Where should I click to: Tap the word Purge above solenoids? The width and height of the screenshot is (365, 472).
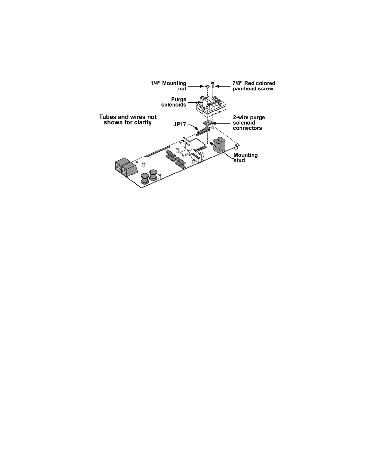pyautogui.click(x=179, y=99)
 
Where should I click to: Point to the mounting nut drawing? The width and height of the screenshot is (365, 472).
pyautogui.click(x=207, y=86)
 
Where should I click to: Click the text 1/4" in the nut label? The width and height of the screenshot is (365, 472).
pyautogui.click(x=156, y=83)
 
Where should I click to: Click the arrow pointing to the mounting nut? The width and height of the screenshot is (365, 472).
pyautogui.click(x=197, y=86)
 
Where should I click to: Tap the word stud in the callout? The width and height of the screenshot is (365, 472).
pyautogui.click(x=239, y=160)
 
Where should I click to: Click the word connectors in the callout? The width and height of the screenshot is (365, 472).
pyautogui.click(x=247, y=128)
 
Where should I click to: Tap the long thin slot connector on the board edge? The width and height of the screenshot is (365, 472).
pyautogui.click(x=158, y=151)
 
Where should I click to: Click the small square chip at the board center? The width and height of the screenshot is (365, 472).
pyautogui.click(x=185, y=153)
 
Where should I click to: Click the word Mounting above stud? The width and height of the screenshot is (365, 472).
pyautogui.click(x=245, y=155)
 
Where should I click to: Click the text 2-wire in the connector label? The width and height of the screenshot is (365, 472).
pyautogui.click(x=240, y=117)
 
